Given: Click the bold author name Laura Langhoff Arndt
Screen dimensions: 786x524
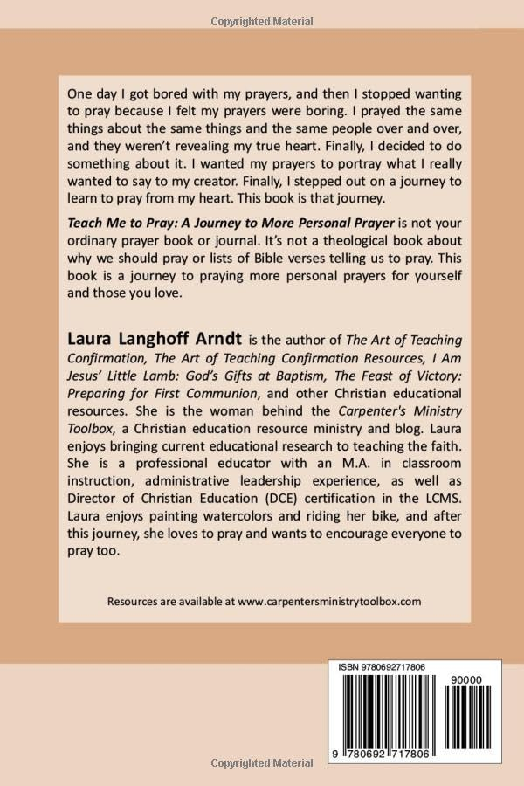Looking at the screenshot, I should coord(144,339).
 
